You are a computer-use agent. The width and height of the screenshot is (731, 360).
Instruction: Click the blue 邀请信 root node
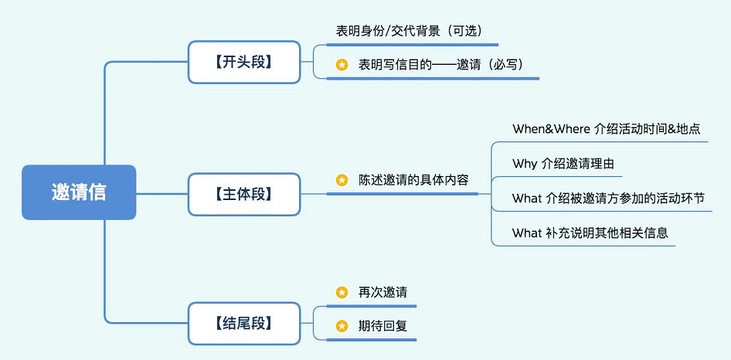coord(79,192)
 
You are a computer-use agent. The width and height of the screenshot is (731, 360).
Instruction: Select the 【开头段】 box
coord(243,62)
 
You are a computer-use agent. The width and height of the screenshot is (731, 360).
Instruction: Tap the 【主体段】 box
coord(243,194)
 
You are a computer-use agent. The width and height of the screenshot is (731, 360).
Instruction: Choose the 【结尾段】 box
coord(243,324)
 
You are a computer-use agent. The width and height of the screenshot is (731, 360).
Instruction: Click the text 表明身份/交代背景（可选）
coord(408,31)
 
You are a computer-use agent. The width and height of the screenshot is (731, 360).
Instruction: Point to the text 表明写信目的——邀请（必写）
coord(441,65)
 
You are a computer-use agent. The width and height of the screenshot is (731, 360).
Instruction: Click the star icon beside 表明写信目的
coord(342,65)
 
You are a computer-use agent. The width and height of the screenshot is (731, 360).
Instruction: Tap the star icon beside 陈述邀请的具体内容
coord(342,180)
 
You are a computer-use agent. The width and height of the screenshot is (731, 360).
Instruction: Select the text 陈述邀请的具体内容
coord(413,180)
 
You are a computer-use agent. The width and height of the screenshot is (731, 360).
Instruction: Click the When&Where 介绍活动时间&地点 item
coord(606,128)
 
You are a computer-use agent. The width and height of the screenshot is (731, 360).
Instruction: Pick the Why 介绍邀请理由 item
coord(563,164)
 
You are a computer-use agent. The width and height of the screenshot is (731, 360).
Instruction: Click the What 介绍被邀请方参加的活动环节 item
coord(608,199)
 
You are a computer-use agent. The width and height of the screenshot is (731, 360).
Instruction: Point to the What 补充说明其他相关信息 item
coord(590,233)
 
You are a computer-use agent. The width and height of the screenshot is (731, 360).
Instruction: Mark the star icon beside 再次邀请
coord(342,292)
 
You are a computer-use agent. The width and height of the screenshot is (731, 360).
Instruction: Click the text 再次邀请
coord(382,292)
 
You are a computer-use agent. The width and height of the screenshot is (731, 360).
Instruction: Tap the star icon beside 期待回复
coord(342,326)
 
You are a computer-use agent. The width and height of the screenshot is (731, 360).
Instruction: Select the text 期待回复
coord(382,326)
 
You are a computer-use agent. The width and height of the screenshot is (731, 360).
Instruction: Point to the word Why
coord(524,164)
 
